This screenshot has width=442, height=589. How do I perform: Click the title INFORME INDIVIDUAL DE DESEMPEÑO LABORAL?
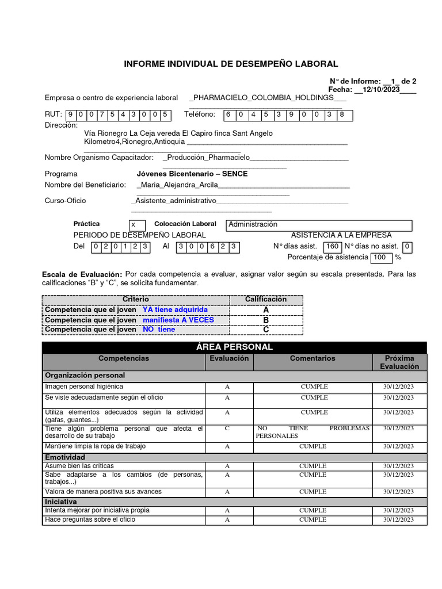tap(231, 64)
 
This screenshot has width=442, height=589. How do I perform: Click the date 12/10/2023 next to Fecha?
tap(382, 90)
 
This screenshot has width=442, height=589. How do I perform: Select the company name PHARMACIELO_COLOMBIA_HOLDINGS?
tap(264, 98)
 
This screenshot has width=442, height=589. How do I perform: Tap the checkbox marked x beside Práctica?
tap(134, 225)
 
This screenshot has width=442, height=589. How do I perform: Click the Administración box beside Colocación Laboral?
tap(319, 225)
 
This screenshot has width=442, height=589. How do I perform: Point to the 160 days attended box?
tap(333, 247)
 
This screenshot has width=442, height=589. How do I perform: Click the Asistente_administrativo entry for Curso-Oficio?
tap(174, 201)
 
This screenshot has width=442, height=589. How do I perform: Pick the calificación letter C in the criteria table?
tap(266, 330)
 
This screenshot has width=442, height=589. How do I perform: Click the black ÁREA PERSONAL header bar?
tap(234, 347)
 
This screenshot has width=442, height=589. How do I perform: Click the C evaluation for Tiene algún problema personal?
tap(227, 429)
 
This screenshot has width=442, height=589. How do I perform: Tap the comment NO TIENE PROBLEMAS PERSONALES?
tap(314, 432)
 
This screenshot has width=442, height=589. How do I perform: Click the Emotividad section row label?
tap(65, 457)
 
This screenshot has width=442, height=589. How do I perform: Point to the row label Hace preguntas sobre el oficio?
tap(90, 520)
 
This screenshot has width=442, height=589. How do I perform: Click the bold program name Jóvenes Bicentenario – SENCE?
tap(192, 174)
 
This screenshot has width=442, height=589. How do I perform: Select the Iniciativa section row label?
tap(61, 502)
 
